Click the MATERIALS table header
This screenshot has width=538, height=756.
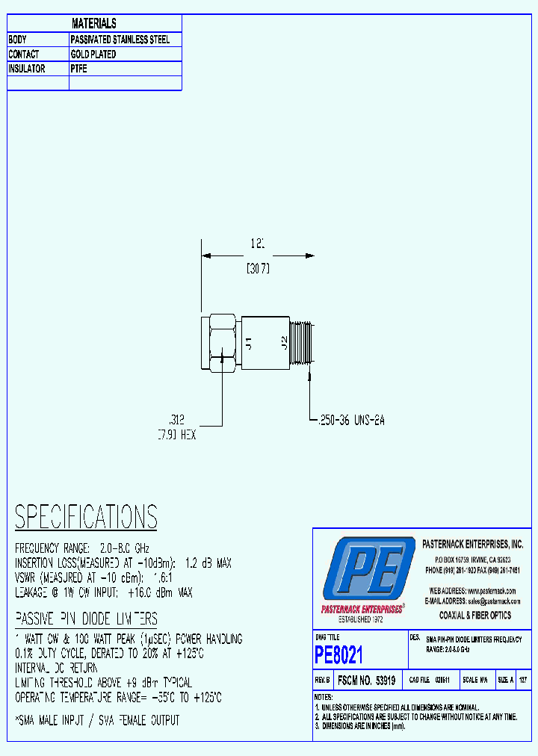click(94, 24)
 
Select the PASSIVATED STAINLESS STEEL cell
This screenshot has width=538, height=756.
click(120, 40)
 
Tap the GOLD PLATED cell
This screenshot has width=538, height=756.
click(93, 55)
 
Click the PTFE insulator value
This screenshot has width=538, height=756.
click(79, 69)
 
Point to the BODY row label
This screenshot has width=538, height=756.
click(17, 40)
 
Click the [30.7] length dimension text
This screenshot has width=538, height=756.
click(258, 269)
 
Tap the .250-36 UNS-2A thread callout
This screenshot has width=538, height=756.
click(350, 421)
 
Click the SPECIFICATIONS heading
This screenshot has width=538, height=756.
click(86, 516)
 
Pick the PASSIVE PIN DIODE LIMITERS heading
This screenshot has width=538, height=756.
click(86, 619)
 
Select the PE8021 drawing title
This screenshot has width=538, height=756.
click(338, 656)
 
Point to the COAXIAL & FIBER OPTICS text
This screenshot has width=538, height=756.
click(475, 616)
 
